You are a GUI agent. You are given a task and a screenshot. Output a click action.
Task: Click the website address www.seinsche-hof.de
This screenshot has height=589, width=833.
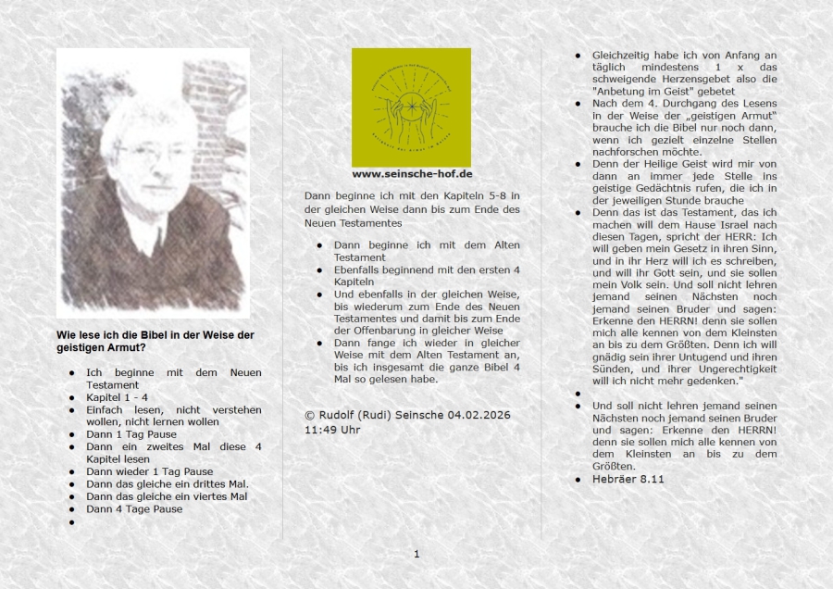click(412, 173)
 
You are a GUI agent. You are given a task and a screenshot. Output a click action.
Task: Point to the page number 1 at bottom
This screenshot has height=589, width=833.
click(416, 554)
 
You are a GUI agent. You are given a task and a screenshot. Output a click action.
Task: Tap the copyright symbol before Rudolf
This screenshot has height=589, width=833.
click(309, 414)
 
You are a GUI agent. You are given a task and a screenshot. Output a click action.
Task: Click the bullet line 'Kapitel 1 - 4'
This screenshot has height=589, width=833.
click(118, 397)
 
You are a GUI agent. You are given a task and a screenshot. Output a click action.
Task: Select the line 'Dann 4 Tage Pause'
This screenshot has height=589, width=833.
click(134, 508)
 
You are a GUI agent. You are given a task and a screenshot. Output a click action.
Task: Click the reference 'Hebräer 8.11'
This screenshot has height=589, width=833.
click(628, 479)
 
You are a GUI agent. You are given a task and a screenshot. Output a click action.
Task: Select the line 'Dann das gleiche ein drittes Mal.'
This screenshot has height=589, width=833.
click(167, 483)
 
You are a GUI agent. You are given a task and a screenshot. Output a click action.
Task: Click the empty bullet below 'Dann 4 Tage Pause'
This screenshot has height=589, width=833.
click(71, 522)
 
